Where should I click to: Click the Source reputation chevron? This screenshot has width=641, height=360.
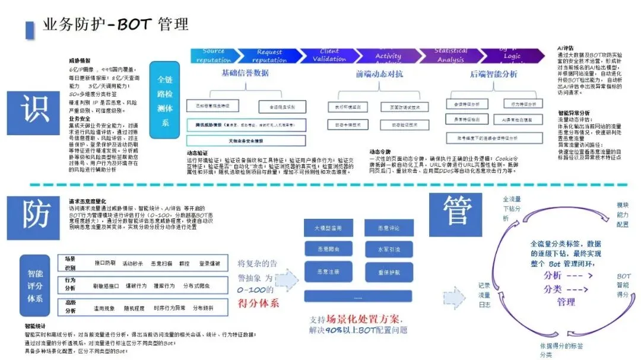214,56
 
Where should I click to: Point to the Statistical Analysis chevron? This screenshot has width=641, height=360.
450,56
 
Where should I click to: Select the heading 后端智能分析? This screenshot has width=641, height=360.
493,74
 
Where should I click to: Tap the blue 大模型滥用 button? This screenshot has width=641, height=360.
328,228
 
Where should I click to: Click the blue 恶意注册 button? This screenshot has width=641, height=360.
328,271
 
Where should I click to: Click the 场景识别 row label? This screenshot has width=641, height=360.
71,263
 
